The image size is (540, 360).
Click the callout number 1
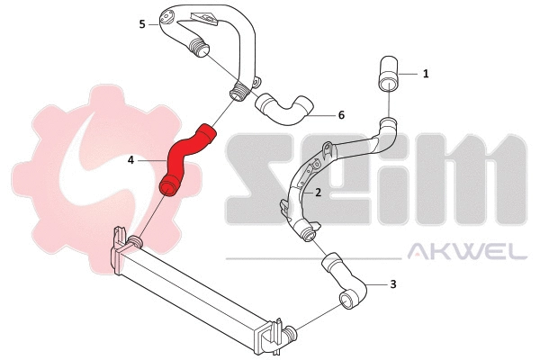click(426, 74)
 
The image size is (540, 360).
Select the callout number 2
click(318, 193)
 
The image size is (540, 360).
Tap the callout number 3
click(393, 284)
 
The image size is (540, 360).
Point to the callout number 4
click(130, 160)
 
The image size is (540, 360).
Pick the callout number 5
click(142, 24)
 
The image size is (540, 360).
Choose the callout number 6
click(341, 115)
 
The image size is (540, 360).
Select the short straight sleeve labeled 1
click(388, 74)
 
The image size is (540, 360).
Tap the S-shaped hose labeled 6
click(283, 110)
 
